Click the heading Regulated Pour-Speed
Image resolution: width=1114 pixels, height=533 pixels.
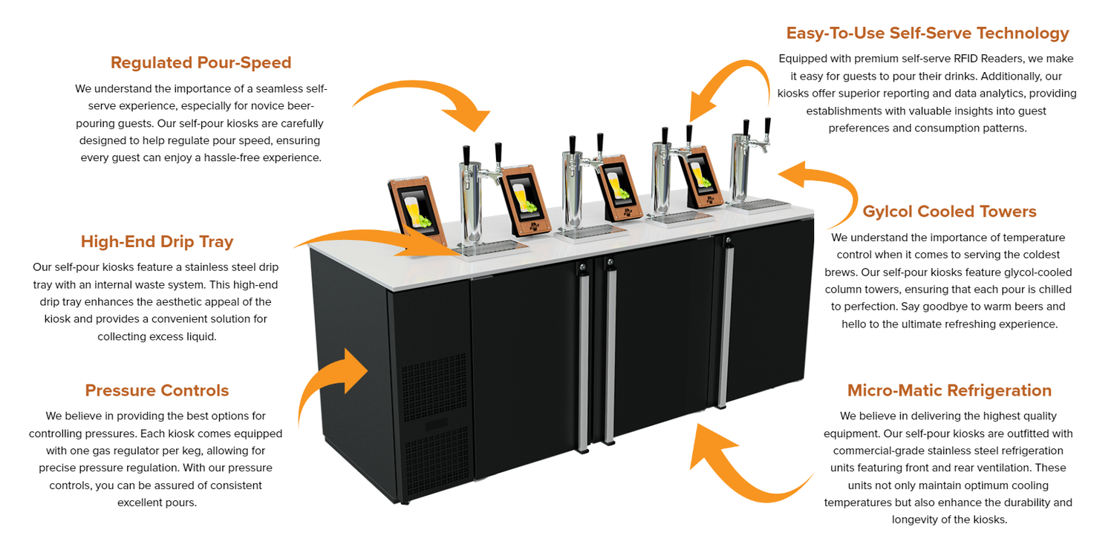tap(201, 62)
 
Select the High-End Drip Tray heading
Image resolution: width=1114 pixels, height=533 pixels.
tap(157, 241)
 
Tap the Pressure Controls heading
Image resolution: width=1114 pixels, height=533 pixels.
tap(157, 390)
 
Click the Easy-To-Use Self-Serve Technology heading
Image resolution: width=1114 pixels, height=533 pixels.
tap(928, 33)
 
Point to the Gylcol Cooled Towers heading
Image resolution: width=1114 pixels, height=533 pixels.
tap(949, 212)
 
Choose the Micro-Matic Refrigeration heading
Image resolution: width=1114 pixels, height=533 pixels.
tap(949, 390)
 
